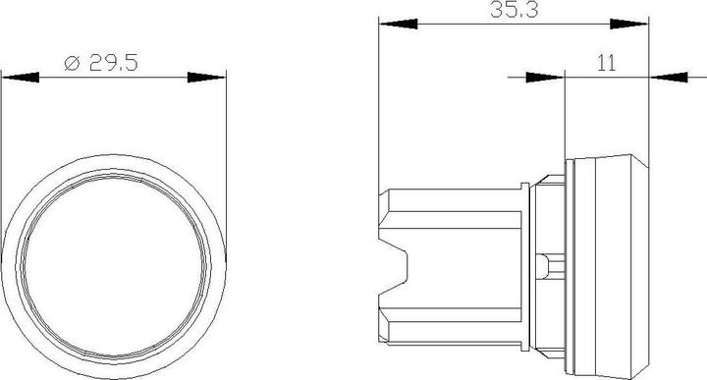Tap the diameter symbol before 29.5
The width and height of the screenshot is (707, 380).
(71, 64)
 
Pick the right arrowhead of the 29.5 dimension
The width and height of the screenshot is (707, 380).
(207, 77)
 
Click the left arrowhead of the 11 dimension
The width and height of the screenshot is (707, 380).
(546, 77)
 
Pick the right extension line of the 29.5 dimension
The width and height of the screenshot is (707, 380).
(228, 147)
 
